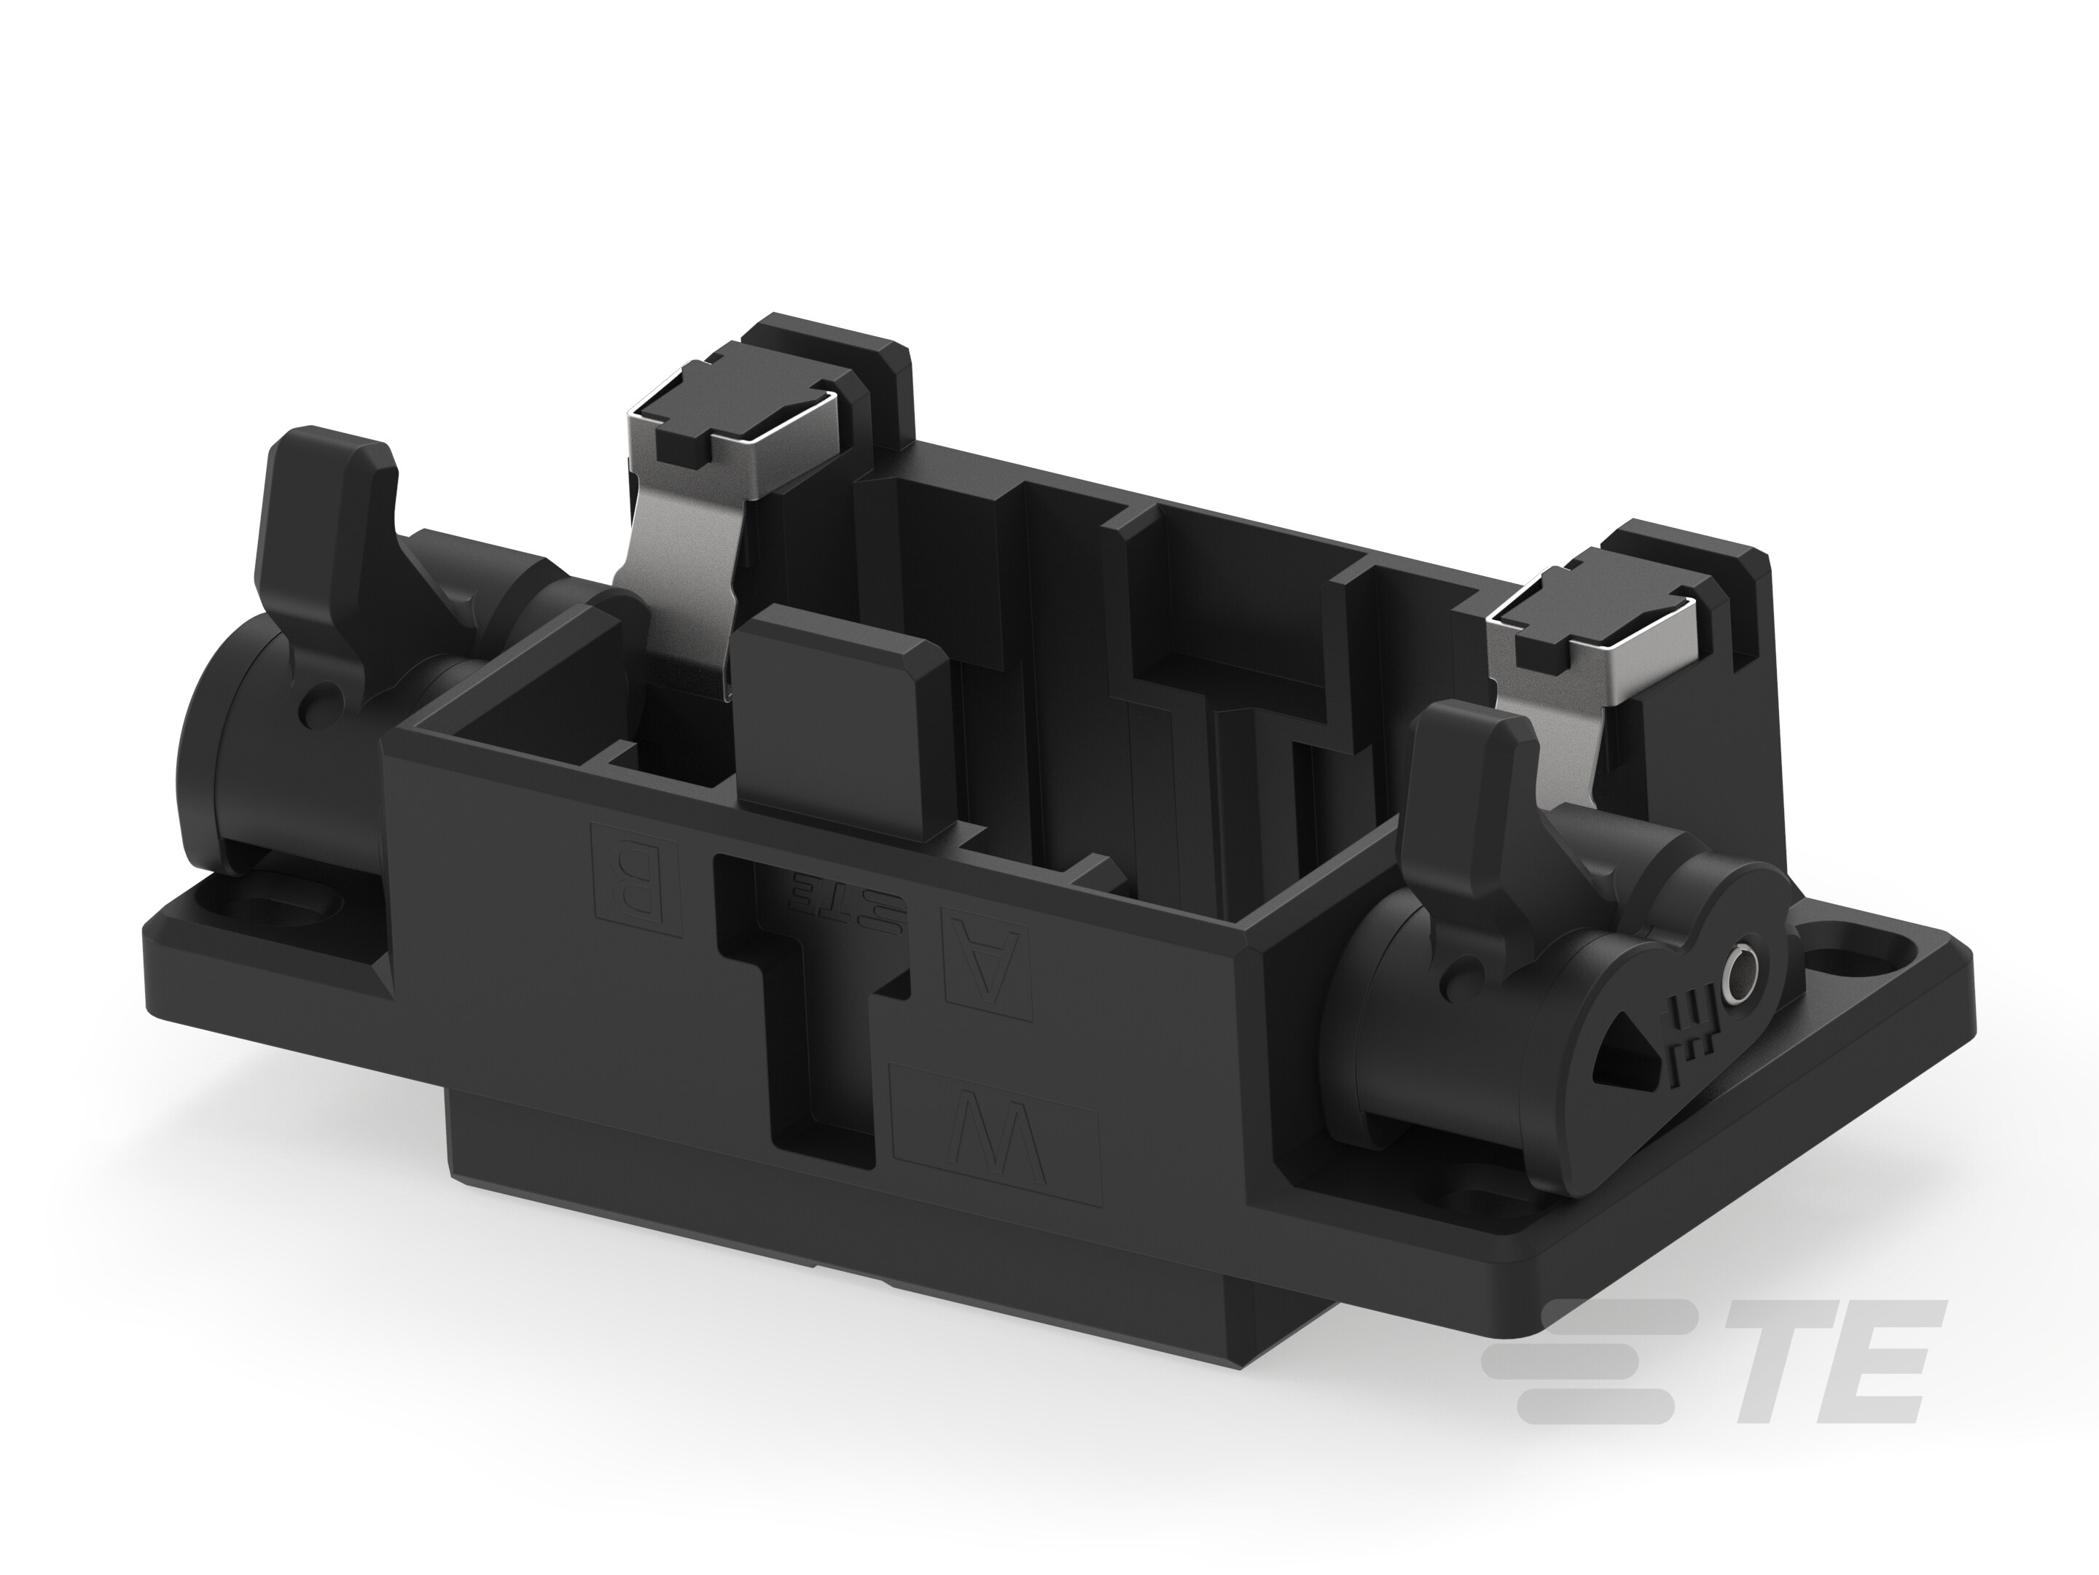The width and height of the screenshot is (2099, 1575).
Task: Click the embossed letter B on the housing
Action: click(635, 877)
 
